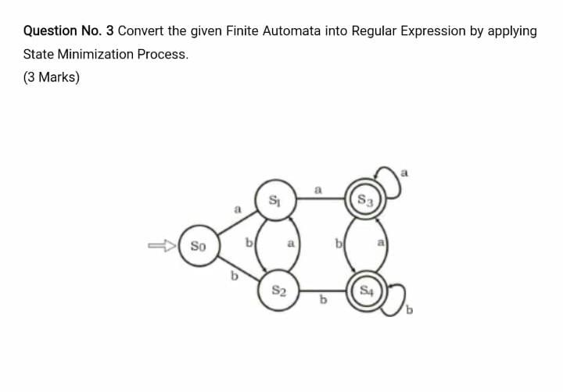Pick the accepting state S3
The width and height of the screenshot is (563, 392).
coord(364,201)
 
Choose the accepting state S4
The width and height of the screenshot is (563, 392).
coord(364,293)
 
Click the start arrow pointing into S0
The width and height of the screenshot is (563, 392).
coord(163,248)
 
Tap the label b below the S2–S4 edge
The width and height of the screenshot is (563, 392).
coord(320,302)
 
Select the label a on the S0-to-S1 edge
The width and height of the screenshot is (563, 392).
coord(236,210)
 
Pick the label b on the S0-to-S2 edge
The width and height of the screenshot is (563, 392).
coord(232,275)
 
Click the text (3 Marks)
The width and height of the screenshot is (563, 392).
coord(52,77)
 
